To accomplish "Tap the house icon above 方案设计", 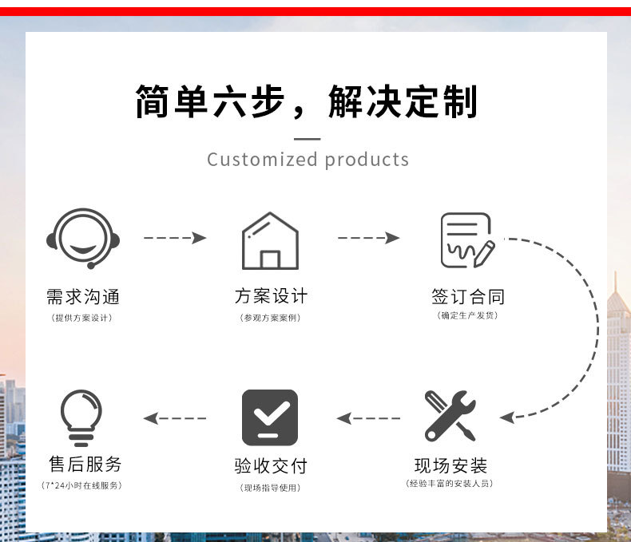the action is [x=270, y=240].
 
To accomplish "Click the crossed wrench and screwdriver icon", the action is [x=450, y=415].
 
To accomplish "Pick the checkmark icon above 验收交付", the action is [x=270, y=417].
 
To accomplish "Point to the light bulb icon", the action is [x=81, y=417].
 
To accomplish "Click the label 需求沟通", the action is [x=83, y=297].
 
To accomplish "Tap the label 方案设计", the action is [x=271, y=296].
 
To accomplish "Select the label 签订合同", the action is [x=468, y=297].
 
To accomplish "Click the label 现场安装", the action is [x=450, y=465].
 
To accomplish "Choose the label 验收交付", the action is [x=270, y=465].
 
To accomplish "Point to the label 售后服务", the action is [x=85, y=464].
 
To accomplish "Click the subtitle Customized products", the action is [x=308, y=160].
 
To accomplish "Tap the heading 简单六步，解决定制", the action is [x=307, y=102].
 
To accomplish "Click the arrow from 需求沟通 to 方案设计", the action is [x=175, y=238].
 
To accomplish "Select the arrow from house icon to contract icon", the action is [x=368, y=238].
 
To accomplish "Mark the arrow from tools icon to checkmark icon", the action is [x=368, y=417].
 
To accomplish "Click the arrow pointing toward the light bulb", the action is [x=175, y=417].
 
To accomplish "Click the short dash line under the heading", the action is [x=308, y=139].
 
